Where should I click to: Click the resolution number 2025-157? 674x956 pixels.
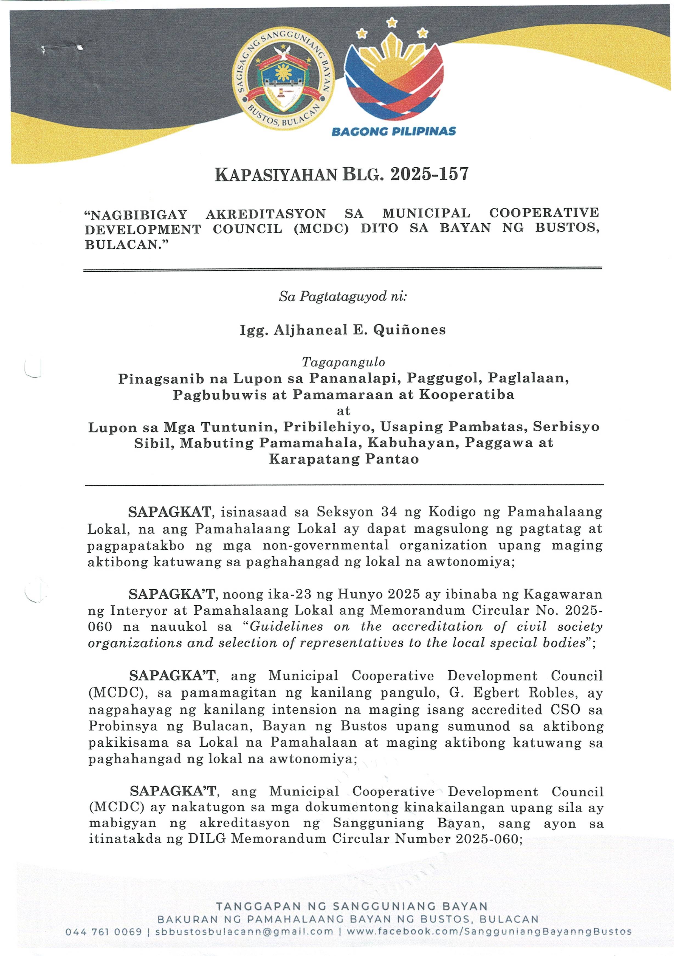[x=429, y=174]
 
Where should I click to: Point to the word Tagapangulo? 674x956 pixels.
[x=343, y=362]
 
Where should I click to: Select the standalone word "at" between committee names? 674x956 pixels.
[x=343, y=411]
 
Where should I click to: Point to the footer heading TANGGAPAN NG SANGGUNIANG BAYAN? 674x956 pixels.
[x=352, y=906]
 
